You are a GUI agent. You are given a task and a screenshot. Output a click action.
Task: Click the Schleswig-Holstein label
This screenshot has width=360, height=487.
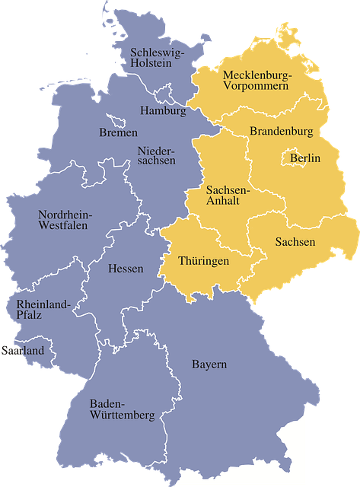click(x=155, y=58)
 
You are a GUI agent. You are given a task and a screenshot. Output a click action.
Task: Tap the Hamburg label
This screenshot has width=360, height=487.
click(x=163, y=111)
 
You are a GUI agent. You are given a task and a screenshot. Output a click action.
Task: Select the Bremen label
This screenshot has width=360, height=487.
click(x=118, y=132)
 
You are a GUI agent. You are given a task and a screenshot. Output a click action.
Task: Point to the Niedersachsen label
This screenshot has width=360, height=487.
click(x=156, y=155)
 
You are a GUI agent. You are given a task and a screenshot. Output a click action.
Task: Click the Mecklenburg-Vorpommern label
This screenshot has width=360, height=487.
click(x=256, y=81)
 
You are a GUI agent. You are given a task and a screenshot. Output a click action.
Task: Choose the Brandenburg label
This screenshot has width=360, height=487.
click(x=281, y=132)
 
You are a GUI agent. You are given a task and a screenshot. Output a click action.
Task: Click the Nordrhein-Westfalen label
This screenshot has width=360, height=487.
click(x=65, y=219)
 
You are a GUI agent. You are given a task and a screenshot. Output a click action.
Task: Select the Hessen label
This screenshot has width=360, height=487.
click(x=126, y=269)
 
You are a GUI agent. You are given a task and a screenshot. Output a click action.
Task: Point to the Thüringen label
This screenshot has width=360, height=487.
click(x=203, y=261)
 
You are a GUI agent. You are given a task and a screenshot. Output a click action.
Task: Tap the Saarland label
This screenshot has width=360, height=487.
click(x=23, y=351)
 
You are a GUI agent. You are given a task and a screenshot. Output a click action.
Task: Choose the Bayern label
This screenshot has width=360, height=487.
click(x=209, y=364)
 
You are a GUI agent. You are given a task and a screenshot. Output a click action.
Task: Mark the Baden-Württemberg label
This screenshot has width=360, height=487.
click(x=122, y=409)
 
